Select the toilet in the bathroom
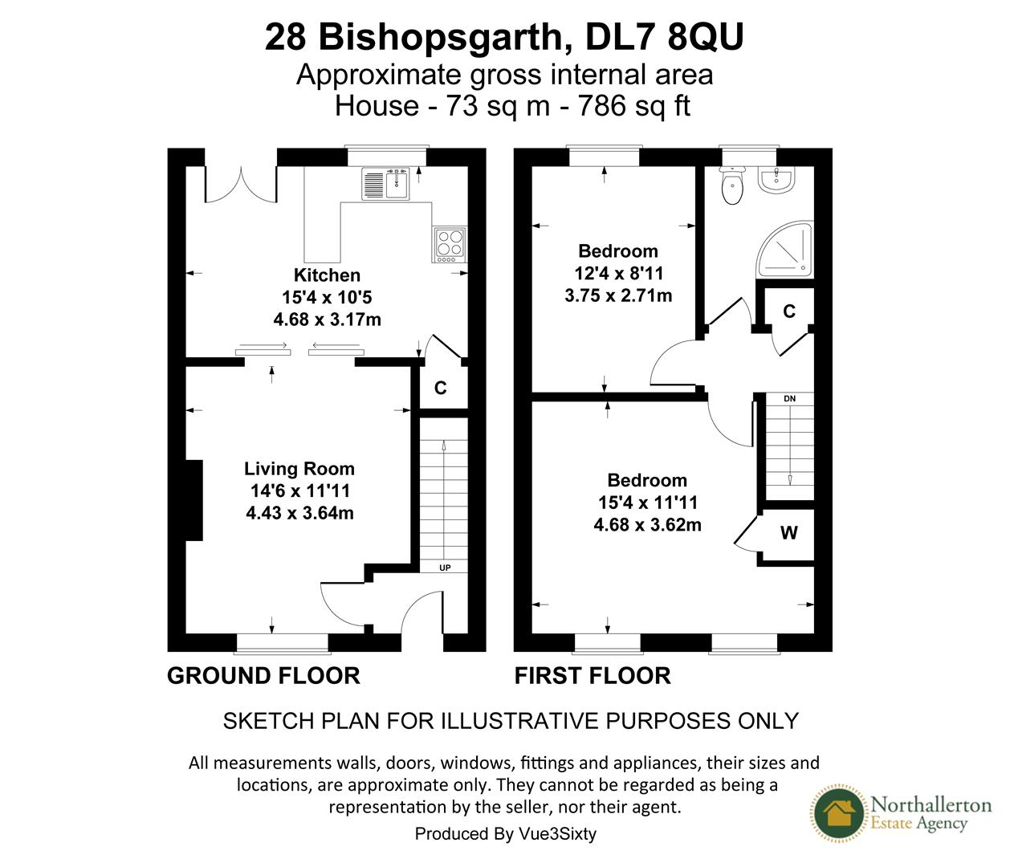point(731,188)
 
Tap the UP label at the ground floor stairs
point(445,568)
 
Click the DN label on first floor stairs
point(789,398)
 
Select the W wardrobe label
point(789,533)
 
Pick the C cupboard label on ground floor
point(440,389)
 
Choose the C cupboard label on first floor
point(789,311)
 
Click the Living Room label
point(299,469)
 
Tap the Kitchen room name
point(327,275)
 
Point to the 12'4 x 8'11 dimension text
point(618,273)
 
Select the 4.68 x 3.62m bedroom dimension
point(647,525)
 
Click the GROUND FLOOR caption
point(263,676)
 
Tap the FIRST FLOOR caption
point(593,676)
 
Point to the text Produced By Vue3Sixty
point(505,834)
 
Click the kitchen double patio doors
point(242,184)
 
